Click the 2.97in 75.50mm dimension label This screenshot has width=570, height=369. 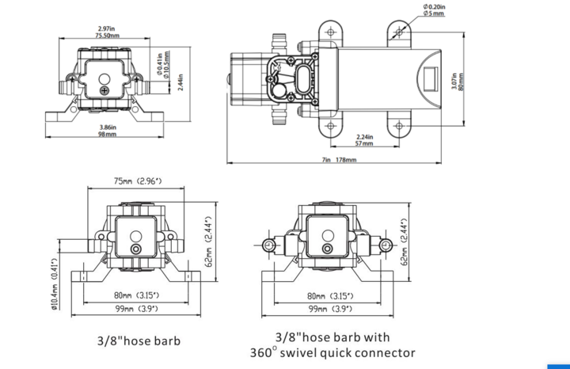coord(105,32)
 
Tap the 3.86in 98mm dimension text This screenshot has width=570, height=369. coord(106,131)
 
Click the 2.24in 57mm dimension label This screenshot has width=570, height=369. coord(363,141)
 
